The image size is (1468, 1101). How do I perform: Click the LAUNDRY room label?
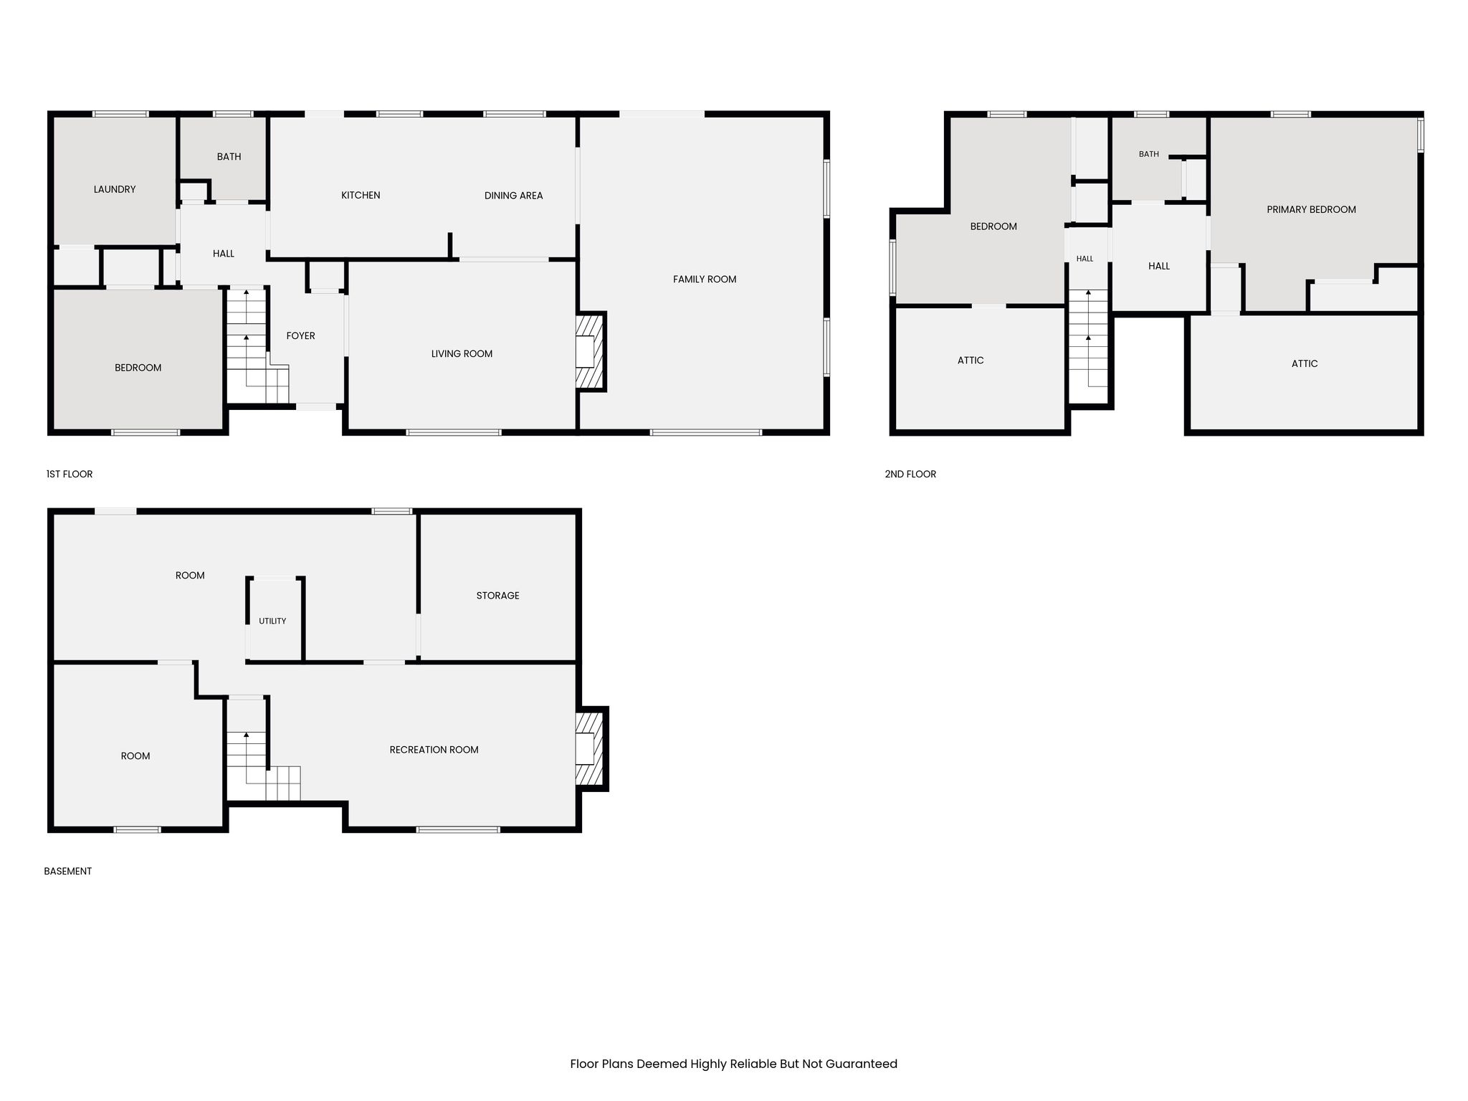tap(115, 189)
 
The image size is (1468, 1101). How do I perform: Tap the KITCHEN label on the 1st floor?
tap(361, 195)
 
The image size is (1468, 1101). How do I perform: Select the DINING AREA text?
tap(513, 196)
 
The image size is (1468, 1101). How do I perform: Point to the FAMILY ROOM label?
tap(705, 280)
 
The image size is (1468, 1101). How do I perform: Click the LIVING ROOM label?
tap(462, 354)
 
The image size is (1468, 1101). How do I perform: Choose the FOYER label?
tap(300, 335)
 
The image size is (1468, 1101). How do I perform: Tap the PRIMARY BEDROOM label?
tap(1311, 210)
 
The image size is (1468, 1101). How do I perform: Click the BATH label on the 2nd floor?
tap(1148, 154)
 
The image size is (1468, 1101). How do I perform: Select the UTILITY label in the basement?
tap(272, 621)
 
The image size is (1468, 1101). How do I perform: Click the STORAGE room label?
tap(497, 596)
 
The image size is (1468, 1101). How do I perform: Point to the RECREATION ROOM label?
tap(434, 750)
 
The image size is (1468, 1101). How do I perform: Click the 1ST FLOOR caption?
tap(70, 474)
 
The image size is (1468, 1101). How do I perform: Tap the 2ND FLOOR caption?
tap(910, 474)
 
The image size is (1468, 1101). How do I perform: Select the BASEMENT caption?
tap(68, 871)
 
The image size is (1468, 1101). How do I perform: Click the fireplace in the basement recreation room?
tap(592, 749)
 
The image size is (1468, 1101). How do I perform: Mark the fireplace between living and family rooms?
tap(591, 352)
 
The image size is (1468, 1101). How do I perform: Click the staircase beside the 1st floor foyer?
tap(257, 345)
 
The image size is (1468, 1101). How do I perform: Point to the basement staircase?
tap(262, 750)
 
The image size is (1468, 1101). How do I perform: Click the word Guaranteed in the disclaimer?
tap(861, 1064)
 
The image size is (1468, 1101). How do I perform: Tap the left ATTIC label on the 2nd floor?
tap(971, 361)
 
